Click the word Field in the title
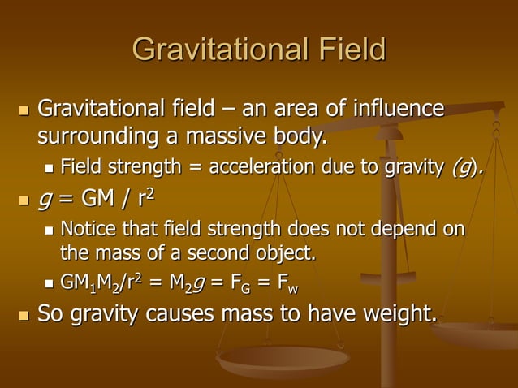tap(344, 50)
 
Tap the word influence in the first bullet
tap(397, 108)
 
